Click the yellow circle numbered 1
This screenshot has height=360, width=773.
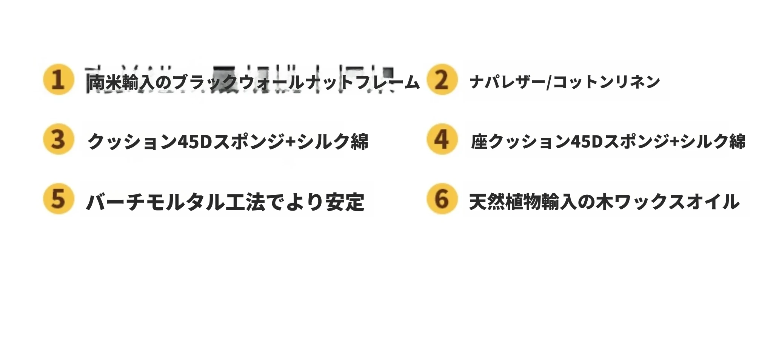58,79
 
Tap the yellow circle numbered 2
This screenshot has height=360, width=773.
442,79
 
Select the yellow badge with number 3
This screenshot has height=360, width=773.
58,139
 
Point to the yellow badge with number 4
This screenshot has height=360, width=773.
442,139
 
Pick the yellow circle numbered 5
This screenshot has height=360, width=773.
58,199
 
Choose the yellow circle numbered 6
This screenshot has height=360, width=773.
442,199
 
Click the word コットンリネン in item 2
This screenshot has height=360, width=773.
606,82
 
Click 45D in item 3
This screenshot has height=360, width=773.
194,142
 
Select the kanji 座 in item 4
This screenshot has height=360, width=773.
480,142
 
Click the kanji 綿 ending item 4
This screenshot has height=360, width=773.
737,142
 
